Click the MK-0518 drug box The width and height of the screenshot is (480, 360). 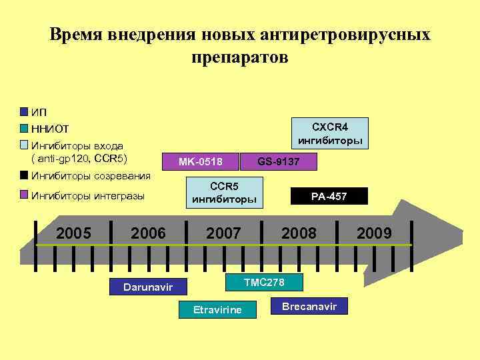point(200,161)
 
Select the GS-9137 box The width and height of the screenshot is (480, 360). point(278,161)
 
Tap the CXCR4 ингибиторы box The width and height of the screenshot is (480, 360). point(330,133)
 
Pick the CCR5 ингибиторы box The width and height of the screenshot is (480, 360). point(224,192)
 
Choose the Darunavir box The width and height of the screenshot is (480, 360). point(149,287)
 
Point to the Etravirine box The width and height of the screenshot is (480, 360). point(217,309)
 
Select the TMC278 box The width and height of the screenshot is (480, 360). point(264,282)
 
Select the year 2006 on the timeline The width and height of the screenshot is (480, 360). point(148,233)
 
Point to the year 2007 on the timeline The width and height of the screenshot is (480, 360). point(223,233)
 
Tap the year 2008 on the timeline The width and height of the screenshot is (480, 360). point(299,233)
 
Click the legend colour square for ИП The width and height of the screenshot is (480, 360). point(25,111)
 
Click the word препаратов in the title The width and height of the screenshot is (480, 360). point(239,57)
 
